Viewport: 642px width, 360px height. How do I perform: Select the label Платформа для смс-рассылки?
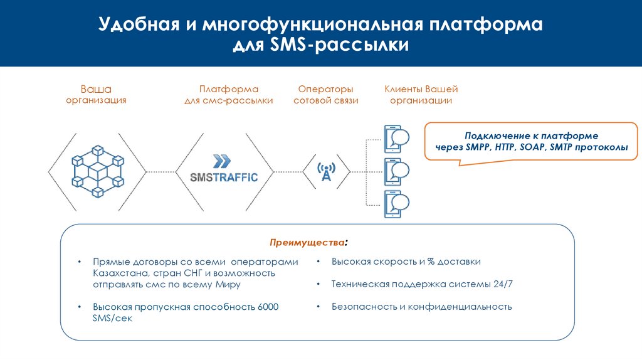tap(229, 95)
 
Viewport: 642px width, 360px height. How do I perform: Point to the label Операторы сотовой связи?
tap(325, 95)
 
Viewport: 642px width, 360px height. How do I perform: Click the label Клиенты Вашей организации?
tap(421, 95)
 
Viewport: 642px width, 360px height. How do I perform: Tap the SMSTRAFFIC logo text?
tap(224, 177)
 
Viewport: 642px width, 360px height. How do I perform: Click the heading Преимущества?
tap(308, 243)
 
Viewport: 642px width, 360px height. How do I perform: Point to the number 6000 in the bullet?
tap(268, 307)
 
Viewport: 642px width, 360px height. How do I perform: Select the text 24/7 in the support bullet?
tap(503, 284)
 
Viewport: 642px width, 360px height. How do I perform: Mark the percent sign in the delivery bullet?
tap(431, 262)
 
